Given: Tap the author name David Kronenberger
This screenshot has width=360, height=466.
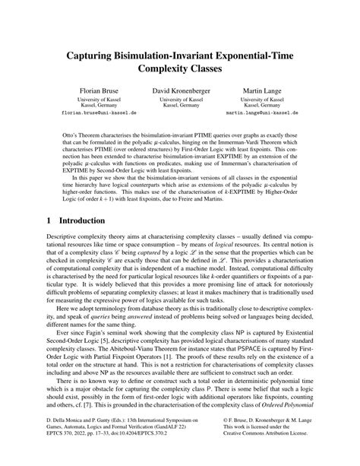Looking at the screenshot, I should (x=180, y=90).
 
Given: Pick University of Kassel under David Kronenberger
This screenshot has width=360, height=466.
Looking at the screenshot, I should (x=180, y=100).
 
